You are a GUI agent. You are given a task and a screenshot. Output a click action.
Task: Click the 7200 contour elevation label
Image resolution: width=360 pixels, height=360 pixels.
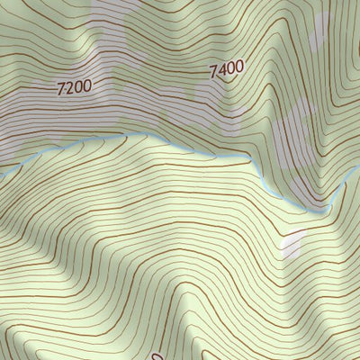pos(74,87)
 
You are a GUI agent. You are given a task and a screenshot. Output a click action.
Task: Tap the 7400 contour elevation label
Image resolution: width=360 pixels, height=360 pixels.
pos(227,68)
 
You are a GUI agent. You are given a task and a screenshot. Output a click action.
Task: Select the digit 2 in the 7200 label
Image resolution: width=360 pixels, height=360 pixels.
pos(69,88)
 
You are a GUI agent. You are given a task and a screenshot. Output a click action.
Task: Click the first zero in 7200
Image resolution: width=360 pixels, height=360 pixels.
pos(78,87)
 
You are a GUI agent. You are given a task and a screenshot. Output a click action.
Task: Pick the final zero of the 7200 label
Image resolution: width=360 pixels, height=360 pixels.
pos(87,86)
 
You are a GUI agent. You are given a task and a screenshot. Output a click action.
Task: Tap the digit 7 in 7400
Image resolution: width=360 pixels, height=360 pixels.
pos(214,72)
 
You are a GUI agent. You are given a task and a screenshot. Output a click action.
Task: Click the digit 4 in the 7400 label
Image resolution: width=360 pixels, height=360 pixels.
pos(222,70)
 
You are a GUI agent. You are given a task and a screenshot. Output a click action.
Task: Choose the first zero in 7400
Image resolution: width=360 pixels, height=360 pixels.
pos(231,67)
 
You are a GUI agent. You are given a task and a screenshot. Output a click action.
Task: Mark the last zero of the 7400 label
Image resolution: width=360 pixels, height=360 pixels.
pos(239,65)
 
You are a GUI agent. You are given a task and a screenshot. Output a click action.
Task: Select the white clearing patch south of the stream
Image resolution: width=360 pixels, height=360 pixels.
pos(292,243)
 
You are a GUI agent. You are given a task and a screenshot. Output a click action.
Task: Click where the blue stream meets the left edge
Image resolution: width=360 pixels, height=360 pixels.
pos(2,168)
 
